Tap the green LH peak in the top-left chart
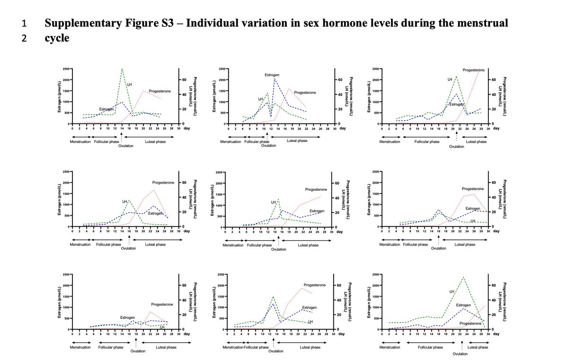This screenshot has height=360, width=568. [x=122, y=69]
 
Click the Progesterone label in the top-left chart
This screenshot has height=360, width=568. [x=160, y=91]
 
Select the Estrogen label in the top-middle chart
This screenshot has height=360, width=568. [x=272, y=75]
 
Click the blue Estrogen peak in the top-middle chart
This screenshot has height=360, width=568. [x=275, y=79]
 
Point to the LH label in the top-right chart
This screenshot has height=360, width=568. [x=450, y=79]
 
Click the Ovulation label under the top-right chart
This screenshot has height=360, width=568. [x=457, y=147]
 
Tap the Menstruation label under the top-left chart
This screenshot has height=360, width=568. [x=80, y=141]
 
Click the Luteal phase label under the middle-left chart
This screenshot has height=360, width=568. [x=155, y=245]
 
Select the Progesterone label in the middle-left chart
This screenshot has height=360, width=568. [x=163, y=183]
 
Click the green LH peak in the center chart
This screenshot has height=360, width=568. [x=278, y=200]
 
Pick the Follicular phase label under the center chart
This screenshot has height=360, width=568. [x=260, y=245]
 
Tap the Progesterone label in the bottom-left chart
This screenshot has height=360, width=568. [x=162, y=304]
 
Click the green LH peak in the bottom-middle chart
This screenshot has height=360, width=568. [x=273, y=297]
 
